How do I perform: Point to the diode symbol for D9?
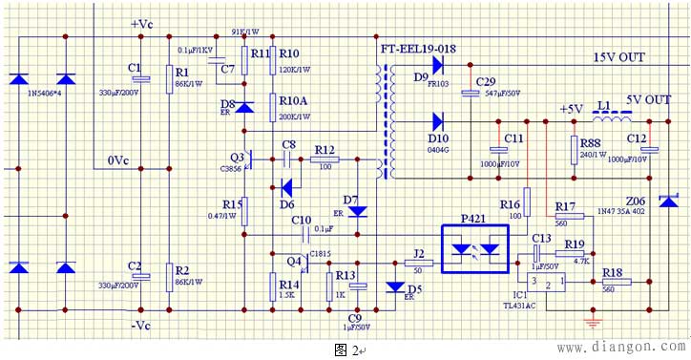click(x=438, y=65)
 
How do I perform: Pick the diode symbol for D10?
click(x=438, y=121)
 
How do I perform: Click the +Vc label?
click(x=142, y=23)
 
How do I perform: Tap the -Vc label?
click(x=141, y=326)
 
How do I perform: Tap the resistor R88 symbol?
click(x=574, y=151)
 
